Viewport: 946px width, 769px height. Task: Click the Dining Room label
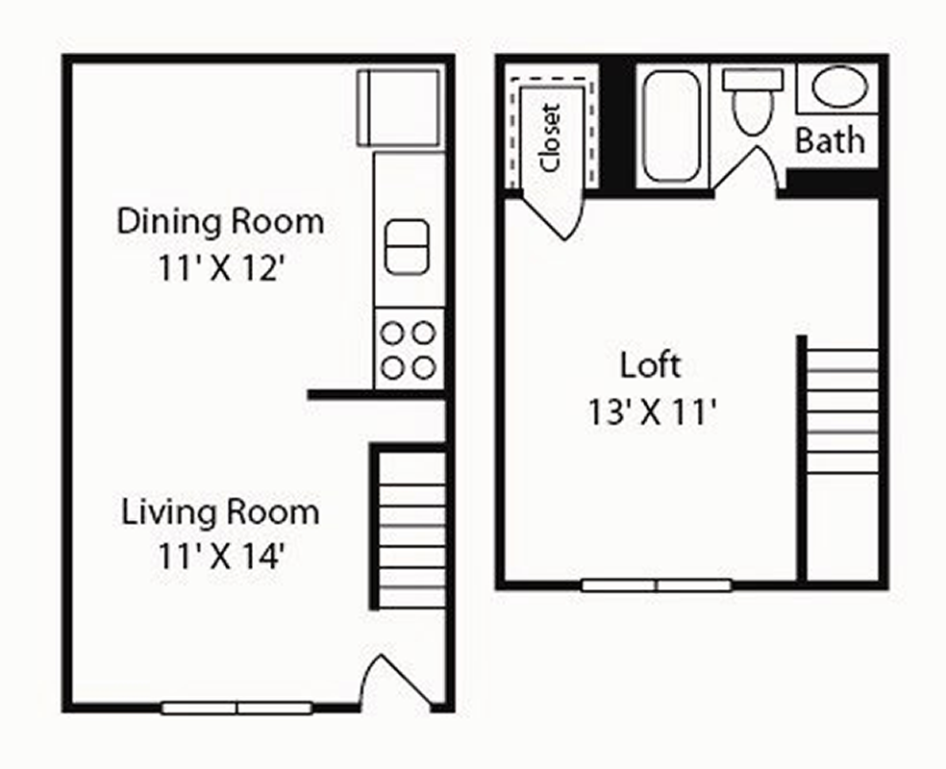[x=220, y=221]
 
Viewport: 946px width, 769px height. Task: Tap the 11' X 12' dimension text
[x=221, y=268]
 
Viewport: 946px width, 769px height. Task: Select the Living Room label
[x=220, y=512]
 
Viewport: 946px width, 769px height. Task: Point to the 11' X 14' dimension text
[x=221, y=556]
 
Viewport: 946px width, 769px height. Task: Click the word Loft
[x=650, y=365]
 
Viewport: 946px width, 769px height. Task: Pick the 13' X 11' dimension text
[x=652, y=412]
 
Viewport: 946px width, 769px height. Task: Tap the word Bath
[x=830, y=140]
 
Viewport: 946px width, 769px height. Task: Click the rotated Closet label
[x=551, y=137]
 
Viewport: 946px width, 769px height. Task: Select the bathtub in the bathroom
[x=671, y=126]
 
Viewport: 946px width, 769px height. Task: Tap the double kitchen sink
[x=407, y=246]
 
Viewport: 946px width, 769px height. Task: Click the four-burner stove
[x=409, y=349]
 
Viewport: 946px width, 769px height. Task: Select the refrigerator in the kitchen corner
[x=399, y=108]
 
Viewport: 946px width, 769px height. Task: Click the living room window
[x=236, y=707]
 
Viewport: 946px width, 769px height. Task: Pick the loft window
[x=657, y=584]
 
